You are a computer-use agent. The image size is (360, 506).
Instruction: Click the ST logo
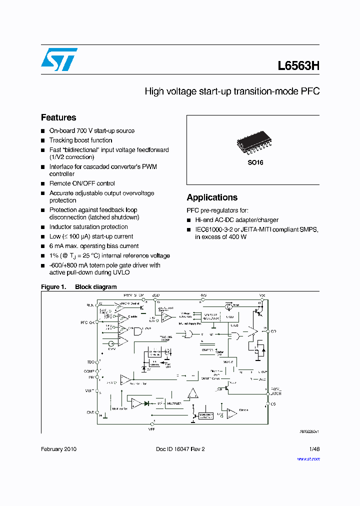58,59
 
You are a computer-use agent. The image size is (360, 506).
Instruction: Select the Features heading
58,117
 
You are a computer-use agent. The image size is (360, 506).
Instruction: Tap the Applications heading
212,197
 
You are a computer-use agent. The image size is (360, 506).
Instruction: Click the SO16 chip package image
256,143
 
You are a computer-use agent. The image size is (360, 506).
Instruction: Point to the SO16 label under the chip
255,163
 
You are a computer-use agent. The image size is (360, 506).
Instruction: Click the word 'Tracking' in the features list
61,140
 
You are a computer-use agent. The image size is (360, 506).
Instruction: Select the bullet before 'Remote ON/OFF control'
43,184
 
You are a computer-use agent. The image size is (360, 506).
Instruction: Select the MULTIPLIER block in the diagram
174,402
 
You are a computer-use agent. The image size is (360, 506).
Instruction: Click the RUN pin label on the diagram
90,304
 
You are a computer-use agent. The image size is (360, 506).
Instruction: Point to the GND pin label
90,413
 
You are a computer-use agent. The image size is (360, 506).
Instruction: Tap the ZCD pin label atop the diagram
156,295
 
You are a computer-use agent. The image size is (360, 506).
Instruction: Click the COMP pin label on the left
89,371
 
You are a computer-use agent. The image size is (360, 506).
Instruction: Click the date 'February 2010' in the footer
58,449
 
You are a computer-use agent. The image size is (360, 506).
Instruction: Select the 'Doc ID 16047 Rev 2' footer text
180,449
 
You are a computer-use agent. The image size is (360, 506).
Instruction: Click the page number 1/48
314,449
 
